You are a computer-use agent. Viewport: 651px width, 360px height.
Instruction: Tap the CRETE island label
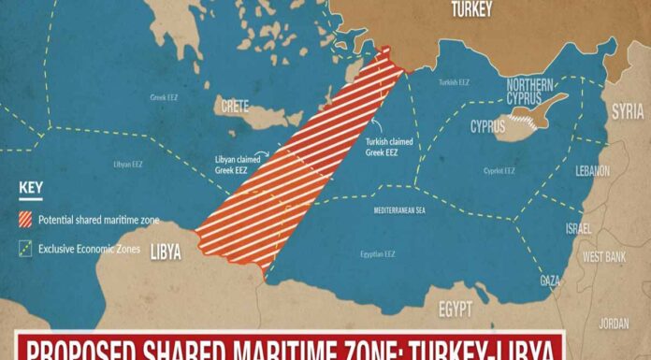point(234,107)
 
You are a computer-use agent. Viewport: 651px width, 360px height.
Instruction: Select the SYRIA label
point(627,110)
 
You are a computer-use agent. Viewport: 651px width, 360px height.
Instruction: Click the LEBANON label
point(592,171)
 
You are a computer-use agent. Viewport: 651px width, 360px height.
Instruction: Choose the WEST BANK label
point(604,256)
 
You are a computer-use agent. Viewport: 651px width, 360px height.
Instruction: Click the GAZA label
point(551,281)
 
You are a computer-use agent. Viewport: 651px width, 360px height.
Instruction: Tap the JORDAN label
point(614,324)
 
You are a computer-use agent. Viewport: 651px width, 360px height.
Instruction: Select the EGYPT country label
point(456,309)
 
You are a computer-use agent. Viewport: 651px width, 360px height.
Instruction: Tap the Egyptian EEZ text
point(378,253)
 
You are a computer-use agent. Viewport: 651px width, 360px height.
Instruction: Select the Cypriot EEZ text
point(499,171)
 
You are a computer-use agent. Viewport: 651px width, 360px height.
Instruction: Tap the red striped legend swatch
point(25,221)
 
